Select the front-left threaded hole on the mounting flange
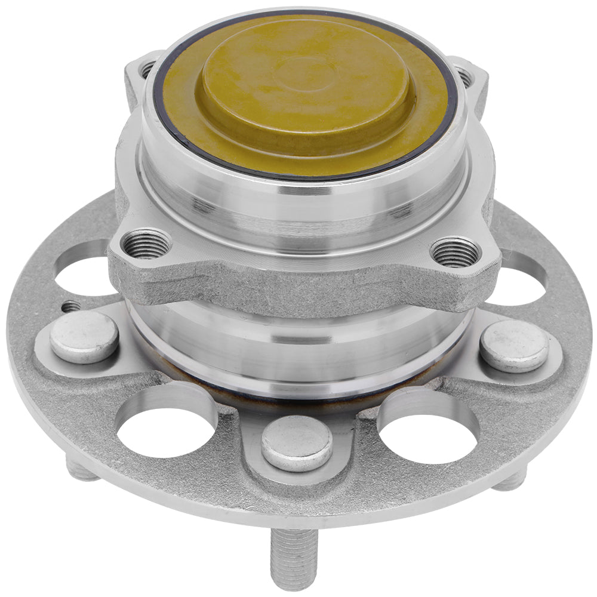[x=146, y=244]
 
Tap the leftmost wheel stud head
[x=84, y=337]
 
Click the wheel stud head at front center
[x=297, y=443]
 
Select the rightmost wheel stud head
[x=515, y=346]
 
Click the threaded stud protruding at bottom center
[x=293, y=558]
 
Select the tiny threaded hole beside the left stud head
[x=70, y=306]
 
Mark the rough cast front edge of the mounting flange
[x=298, y=287]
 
